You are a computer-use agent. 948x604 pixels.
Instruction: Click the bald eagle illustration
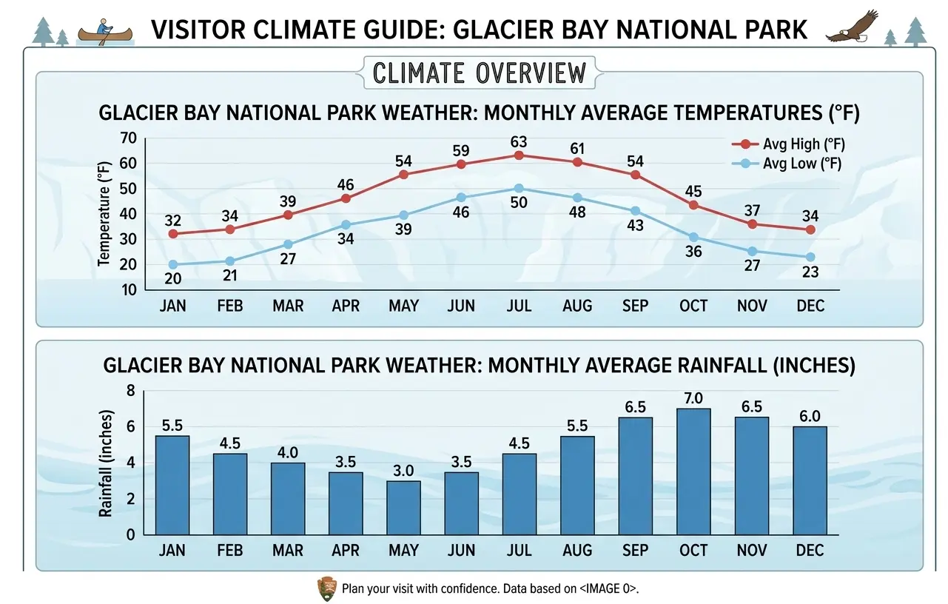tap(852, 27)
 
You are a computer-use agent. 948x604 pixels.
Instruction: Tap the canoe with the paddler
tap(105, 33)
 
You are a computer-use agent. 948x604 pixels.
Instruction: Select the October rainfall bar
tap(693, 472)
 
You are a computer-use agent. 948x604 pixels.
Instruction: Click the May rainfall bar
tap(403, 508)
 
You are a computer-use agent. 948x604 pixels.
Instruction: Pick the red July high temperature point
tap(519, 155)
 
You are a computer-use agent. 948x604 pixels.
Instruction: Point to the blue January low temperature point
tap(172, 264)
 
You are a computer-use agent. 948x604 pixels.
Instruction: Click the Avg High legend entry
tap(788, 144)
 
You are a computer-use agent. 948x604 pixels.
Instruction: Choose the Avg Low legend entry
tap(787, 164)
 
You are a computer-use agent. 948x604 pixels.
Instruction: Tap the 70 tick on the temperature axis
tap(129, 138)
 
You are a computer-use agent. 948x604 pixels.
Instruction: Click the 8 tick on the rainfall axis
tap(131, 390)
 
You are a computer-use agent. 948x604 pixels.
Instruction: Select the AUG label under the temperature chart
tap(577, 306)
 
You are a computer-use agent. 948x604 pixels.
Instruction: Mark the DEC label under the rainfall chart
tap(810, 550)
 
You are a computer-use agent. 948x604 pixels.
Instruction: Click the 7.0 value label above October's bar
tap(693, 398)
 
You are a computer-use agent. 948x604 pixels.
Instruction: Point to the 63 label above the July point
tap(519, 142)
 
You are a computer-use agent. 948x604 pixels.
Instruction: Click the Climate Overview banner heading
tap(480, 73)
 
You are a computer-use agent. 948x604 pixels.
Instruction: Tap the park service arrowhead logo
tap(326, 588)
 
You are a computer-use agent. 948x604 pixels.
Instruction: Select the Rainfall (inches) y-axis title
tap(105, 463)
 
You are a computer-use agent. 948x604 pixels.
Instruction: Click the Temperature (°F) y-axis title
tap(104, 214)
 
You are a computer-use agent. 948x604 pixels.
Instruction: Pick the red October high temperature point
tap(693, 205)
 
